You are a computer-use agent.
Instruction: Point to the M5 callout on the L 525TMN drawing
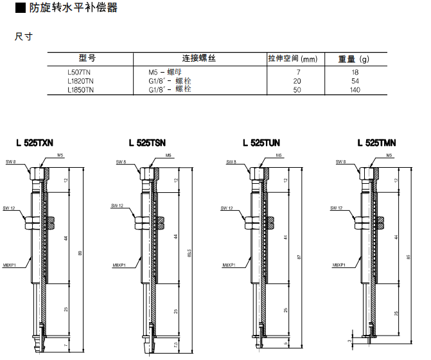[389, 155]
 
